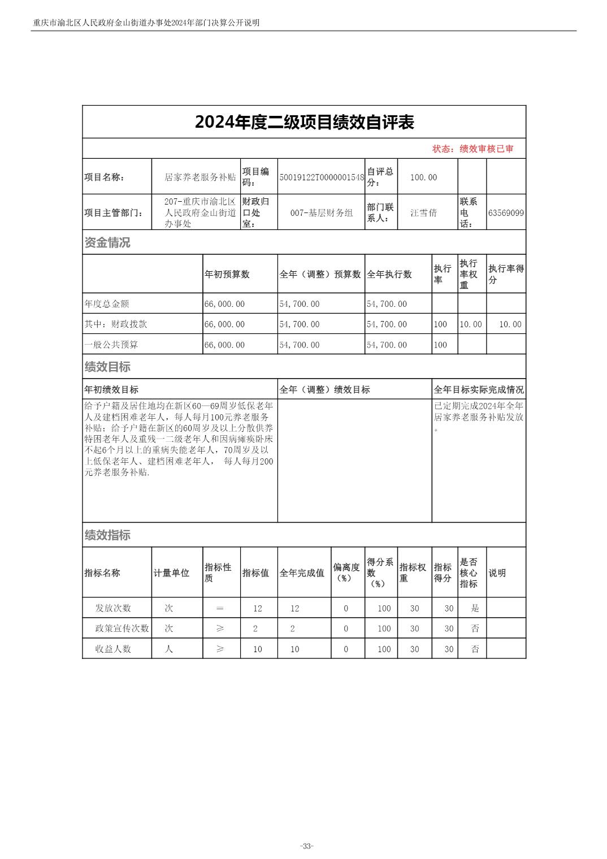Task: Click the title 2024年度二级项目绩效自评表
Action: [x=304, y=122]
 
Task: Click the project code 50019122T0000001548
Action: [x=321, y=177]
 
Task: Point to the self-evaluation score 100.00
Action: [x=423, y=177]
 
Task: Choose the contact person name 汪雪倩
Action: [x=423, y=213]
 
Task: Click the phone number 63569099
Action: [x=506, y=213]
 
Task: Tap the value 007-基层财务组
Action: [x=321, y=213]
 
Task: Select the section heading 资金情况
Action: [x=107, y=242]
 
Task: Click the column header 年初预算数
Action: [x=227, y=274]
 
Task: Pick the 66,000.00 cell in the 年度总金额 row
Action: [x=224, y=304]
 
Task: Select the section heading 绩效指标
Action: [x=107, y=535]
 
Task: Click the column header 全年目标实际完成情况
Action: [x=478, y=389]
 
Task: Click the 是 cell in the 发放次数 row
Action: [x=475, y=608]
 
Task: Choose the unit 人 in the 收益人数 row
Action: [x=168, y=649]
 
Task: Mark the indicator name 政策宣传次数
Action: [x=122, y=628]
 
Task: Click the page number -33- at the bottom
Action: [x=307, y=846]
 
